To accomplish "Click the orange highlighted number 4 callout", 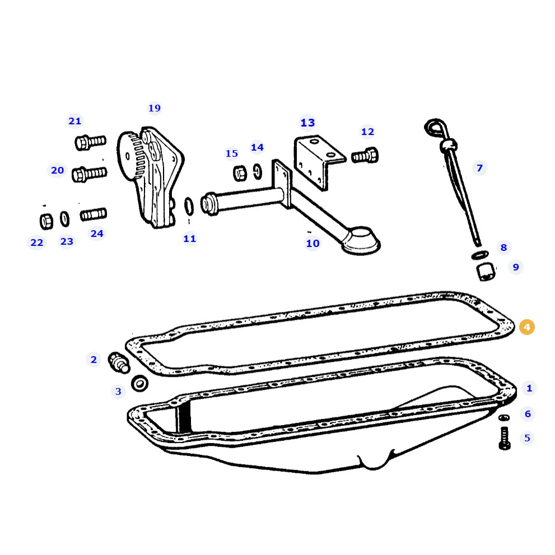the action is point(526,327).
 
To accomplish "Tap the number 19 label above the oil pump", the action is point(155,108).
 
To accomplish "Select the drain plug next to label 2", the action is point(119,362).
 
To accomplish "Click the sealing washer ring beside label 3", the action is point(139,383).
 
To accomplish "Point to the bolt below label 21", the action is point(90,142).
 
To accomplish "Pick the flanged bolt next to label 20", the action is point(89,174).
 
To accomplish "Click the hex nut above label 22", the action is point(46,221).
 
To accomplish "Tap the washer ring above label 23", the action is point(64,219).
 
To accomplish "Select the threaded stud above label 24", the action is point(94,214).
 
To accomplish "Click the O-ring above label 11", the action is point(189,206).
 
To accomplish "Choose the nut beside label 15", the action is point(240,173).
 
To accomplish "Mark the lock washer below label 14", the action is point(258,171).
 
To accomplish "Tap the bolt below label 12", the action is point(365,156).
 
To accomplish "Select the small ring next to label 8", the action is point(480,255).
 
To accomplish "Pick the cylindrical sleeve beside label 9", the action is point(486,272).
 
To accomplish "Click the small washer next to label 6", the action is point(504,418).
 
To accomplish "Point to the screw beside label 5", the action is point(505,439).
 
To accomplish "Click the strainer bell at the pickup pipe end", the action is point(361,241).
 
